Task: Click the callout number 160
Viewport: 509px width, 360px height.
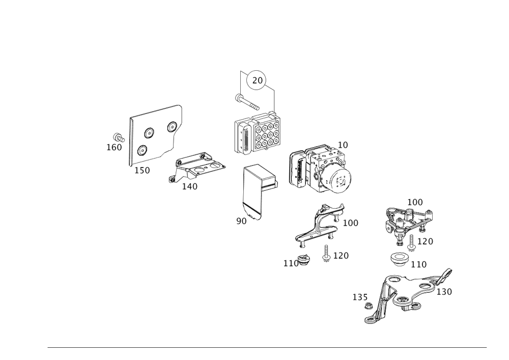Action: click(113, 147)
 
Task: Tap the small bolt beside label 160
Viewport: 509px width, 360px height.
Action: click(118, 137)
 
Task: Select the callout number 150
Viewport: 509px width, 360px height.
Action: click(142, 171)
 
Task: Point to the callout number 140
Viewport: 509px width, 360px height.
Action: click(189, 186)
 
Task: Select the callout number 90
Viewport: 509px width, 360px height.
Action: click(241, 221)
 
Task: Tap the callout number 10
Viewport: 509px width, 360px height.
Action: click(343, 145)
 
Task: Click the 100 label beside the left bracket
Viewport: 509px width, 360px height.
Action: click(351, 223)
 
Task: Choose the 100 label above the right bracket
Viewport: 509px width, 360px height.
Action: click(415, 202)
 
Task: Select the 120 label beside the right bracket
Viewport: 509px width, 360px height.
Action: click(425, 241)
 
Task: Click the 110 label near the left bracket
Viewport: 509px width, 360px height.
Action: click(291, 263)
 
